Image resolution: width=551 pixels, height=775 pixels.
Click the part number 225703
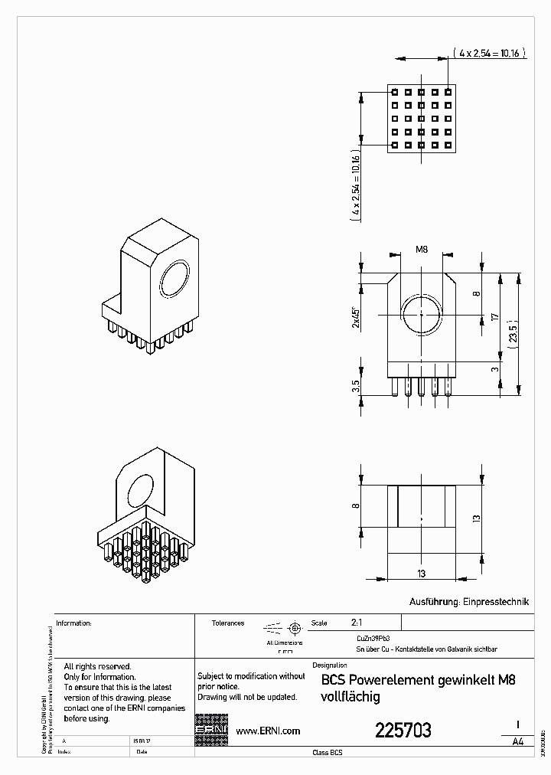[403, 731]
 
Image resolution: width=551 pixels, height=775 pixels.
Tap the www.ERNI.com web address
[267, 731]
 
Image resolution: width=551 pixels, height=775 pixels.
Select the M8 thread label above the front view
[421, 250]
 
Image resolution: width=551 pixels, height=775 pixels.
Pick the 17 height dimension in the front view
[496, 316]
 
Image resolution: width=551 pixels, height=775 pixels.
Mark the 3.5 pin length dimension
[355, 387]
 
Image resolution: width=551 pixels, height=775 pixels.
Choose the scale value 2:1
[357, 623]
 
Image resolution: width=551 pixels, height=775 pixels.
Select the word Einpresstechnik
[497, 603]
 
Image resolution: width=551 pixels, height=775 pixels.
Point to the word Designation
[331, 665]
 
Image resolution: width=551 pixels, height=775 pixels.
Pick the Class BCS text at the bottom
[328, 754]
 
